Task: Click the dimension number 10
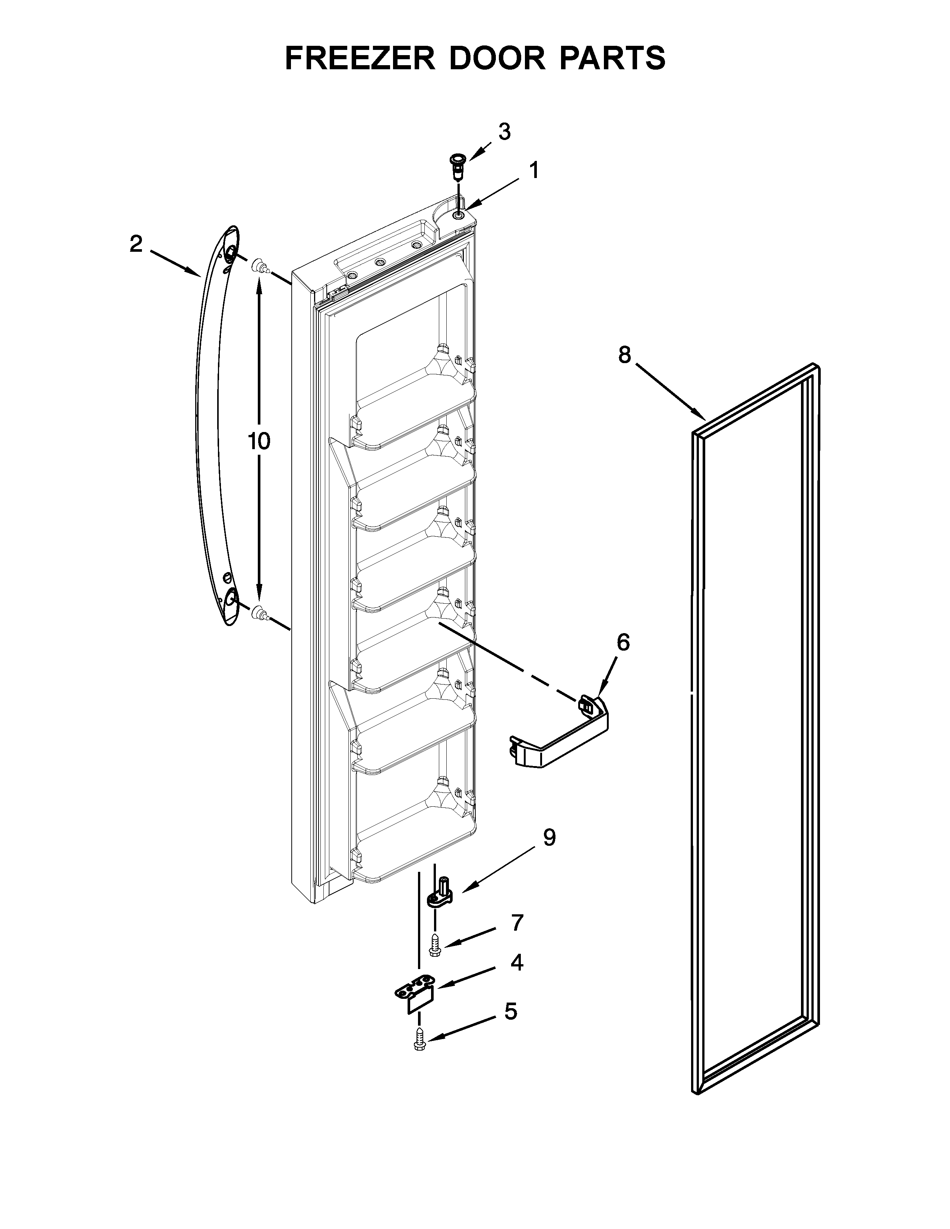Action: pos(259,442)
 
